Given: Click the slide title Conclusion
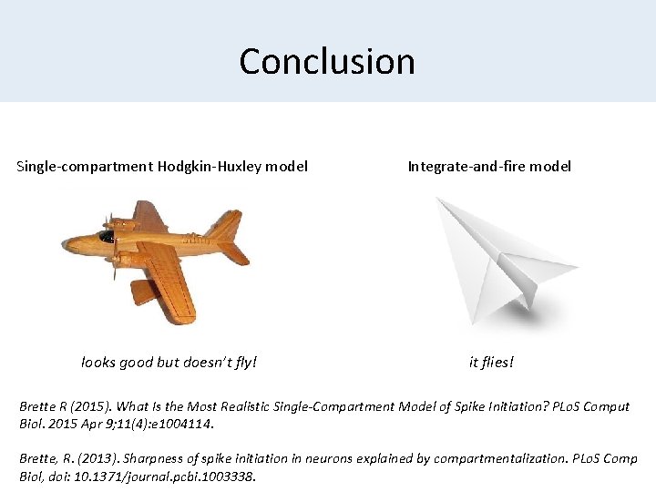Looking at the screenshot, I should [x=327, y=61].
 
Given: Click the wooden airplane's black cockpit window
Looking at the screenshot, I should [x=107, y=237].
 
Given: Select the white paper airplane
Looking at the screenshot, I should [x=501, y=260].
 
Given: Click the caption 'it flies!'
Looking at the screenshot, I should [x=491, y=363].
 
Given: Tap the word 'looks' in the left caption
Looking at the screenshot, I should [x=98, y=363].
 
